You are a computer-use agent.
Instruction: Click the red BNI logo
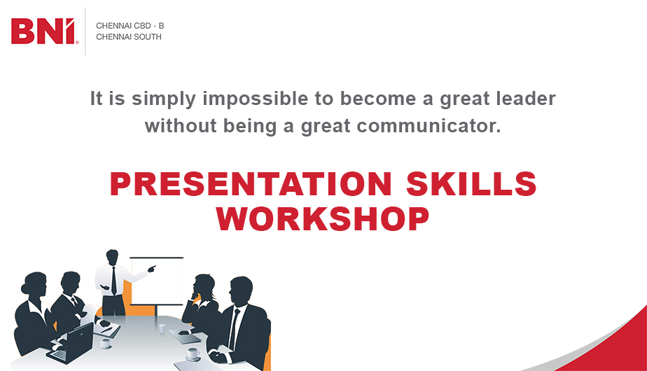44,31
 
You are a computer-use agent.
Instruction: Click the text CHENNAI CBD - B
130,26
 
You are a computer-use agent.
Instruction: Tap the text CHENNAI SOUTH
129,36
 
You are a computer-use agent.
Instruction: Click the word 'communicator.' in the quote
429,126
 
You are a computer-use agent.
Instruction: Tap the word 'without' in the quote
181,126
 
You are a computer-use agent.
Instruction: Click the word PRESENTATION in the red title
251,183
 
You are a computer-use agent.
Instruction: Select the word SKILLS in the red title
471,183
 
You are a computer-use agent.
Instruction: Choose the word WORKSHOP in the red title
323,218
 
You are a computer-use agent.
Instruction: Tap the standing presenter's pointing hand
152,269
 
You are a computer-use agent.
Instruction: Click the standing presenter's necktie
113,281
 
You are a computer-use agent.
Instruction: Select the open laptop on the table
71,342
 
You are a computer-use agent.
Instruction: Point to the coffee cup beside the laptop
106,344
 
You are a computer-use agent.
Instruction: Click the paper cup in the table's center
162,328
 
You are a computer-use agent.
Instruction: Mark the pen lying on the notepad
107,330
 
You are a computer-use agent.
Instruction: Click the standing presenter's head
112,257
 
